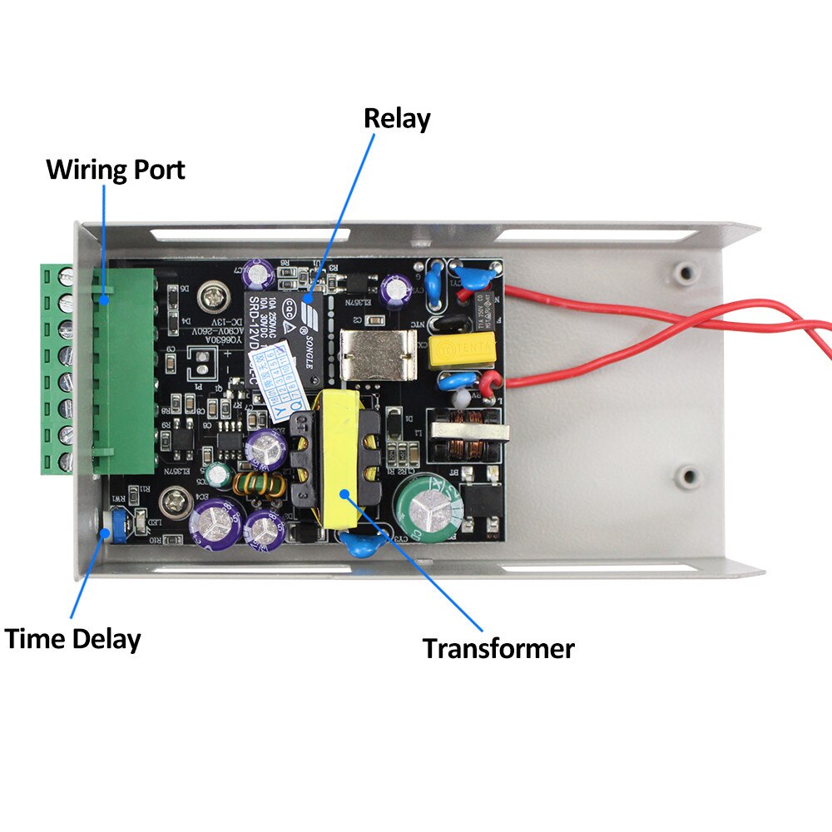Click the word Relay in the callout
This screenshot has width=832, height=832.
[397, 119]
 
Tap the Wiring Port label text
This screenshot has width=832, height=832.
[115, 170]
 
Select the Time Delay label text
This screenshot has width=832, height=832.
[72, 640]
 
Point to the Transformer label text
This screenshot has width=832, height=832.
[498, 648]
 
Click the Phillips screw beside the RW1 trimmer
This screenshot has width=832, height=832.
[175, 502]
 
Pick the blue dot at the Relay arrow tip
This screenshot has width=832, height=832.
[308, 298]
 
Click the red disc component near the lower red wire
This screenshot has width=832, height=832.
[487, 384]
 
